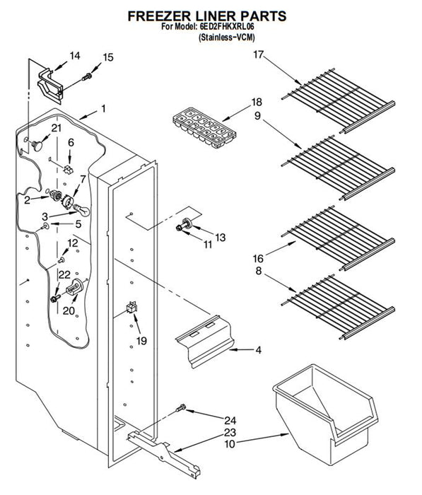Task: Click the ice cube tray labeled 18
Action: (x=204, y=127)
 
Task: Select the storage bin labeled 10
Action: (x=325, y=414)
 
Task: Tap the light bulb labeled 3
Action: (x=81, y=209)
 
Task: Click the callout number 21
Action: (x=57, y=128)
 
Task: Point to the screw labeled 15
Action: (x=87, y=76)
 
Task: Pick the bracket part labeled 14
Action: (x=50, y=86)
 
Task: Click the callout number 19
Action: (x=141, y=341)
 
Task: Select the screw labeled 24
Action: (x=181, y=408)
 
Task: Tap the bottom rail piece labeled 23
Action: (x=164, y=454)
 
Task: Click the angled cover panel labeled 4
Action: (x=205, y=342)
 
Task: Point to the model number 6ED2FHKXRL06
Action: (x=227, y=27)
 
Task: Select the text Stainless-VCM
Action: (x=227, y=37)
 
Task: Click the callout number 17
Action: (x=258, y=54)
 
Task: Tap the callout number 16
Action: (x=258, y=259)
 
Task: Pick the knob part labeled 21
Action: (x=37, y=146)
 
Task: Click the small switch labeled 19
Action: (x=132, y=307)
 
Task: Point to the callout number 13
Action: (x=221, y=237)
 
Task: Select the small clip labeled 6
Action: (x=68, y=169)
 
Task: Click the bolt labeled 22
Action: (x=56, y=298)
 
